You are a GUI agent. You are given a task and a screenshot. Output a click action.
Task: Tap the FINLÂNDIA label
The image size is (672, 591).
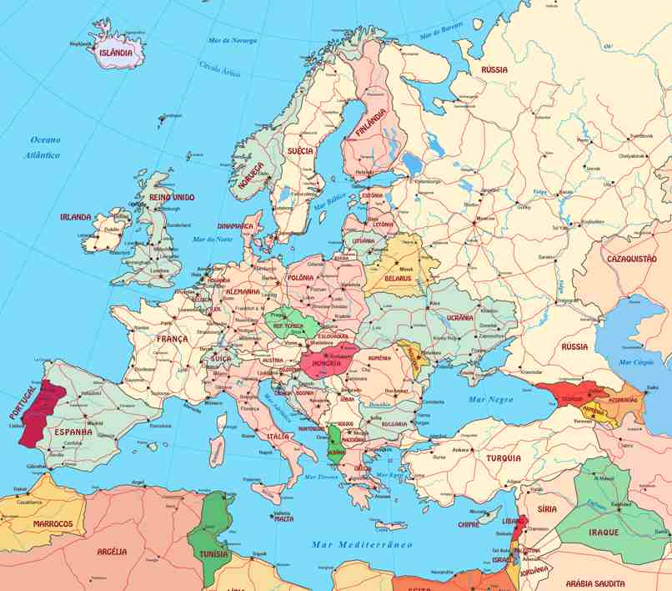pos(371,123)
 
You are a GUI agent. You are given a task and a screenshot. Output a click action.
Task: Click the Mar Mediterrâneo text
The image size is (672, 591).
pos(362,544)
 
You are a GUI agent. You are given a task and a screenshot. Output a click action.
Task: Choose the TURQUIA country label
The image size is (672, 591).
pos(504,458)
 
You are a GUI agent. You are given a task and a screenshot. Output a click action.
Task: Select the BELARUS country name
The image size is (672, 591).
pos(399,279)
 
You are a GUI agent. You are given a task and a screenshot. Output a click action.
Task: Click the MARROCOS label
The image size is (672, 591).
pos(53,524)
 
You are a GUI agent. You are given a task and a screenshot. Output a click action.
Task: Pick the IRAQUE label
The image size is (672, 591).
pos(604,531)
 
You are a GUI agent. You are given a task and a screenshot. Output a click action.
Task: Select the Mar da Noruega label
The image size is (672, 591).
pos(233,40)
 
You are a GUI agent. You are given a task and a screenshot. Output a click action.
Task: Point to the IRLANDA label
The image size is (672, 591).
pos(75,217)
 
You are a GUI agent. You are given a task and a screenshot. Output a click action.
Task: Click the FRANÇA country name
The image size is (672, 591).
pos(173,339)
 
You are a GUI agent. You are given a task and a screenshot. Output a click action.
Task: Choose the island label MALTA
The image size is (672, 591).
pos(283,518)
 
